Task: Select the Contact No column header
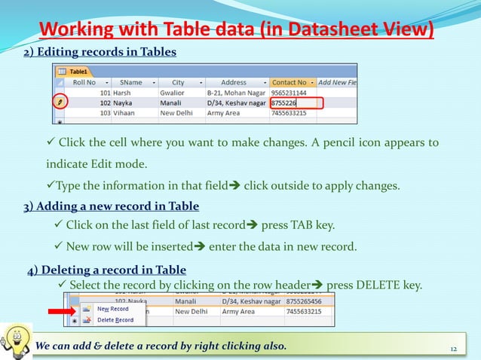tap(289, 82)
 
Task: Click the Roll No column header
tap(84, 82)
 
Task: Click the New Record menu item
tap(113, 309)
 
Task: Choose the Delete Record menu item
tap(115, 319)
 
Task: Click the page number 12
tap(454, 347)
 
